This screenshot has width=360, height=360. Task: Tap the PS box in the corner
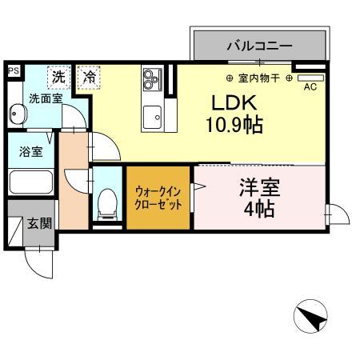pos(12,71)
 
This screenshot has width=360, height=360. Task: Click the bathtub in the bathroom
pos(30,181)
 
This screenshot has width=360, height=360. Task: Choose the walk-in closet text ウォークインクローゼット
pos(158,198)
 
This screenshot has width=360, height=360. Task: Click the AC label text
pos(310,87)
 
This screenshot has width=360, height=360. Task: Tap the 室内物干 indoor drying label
pos(259,78)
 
